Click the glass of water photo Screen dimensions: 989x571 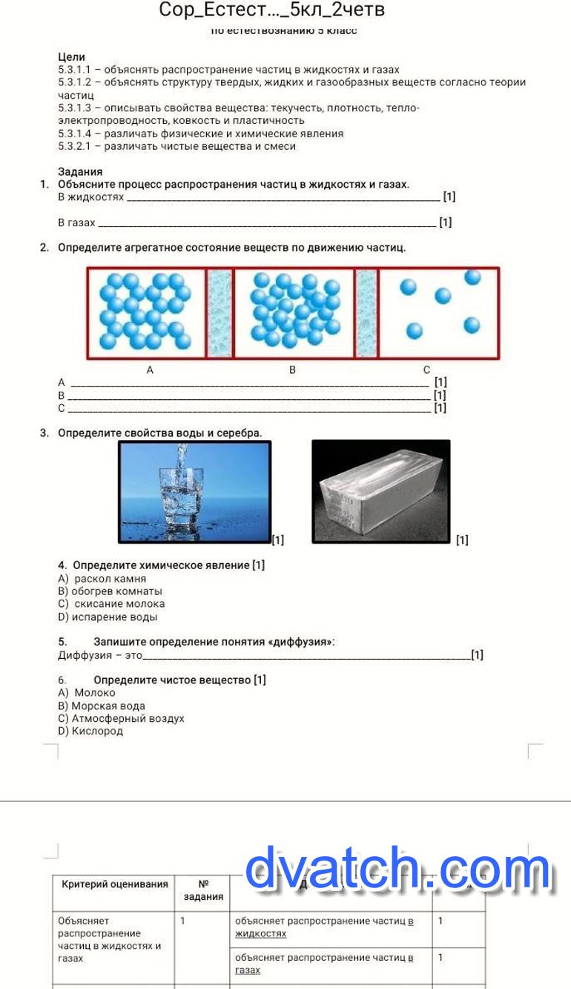click(x=194, y=491)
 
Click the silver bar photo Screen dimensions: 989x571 click(x=380, y=491)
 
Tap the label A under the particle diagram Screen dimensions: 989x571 click(x=150, y=369)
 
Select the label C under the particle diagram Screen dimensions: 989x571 click(x=426, y=369)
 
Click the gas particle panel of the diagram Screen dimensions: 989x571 click(x=439, y=313)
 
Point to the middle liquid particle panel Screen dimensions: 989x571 click(x=294, y=313)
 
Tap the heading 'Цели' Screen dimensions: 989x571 click(x=71, y=56)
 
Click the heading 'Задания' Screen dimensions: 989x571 click(x=80, y=171)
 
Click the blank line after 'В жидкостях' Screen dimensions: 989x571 click(x=282, y=198)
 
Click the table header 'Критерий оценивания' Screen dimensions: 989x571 click(x=115, y=884)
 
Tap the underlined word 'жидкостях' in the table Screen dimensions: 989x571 click(x=260, y=933)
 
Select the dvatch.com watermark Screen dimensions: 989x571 click(x=398, y=869)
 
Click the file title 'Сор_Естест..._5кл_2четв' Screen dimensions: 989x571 click(x=271, y=10)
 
